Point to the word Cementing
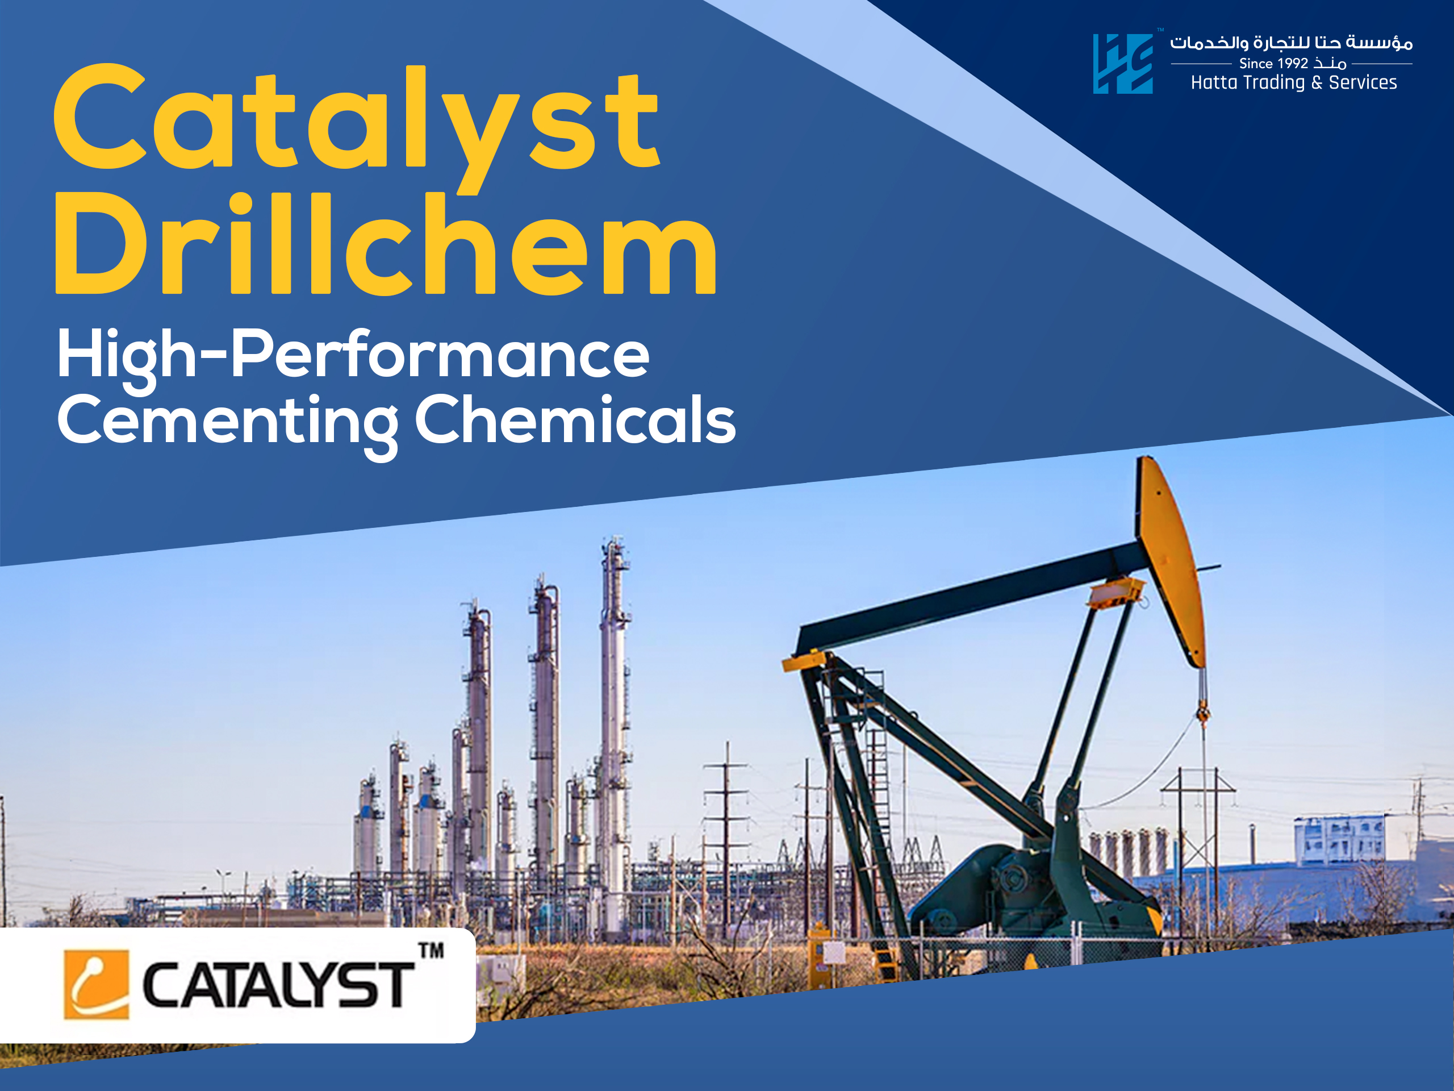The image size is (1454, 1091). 227,421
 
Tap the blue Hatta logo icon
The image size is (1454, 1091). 1122,64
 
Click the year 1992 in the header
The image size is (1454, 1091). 1292,64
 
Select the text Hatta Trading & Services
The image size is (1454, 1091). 1294,83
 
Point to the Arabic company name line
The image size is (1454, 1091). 1291,43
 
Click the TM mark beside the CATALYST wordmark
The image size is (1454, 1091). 431,951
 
